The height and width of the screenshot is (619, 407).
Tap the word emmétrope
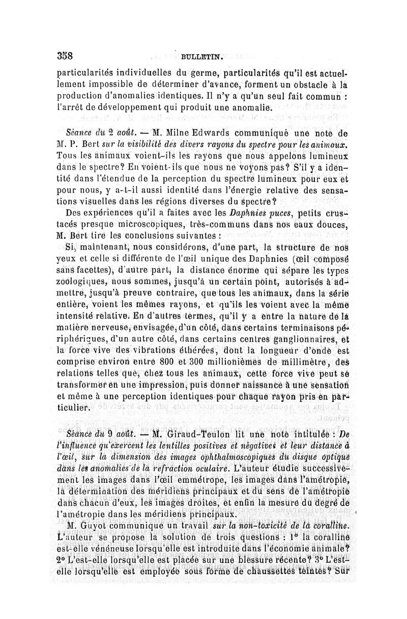184,480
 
